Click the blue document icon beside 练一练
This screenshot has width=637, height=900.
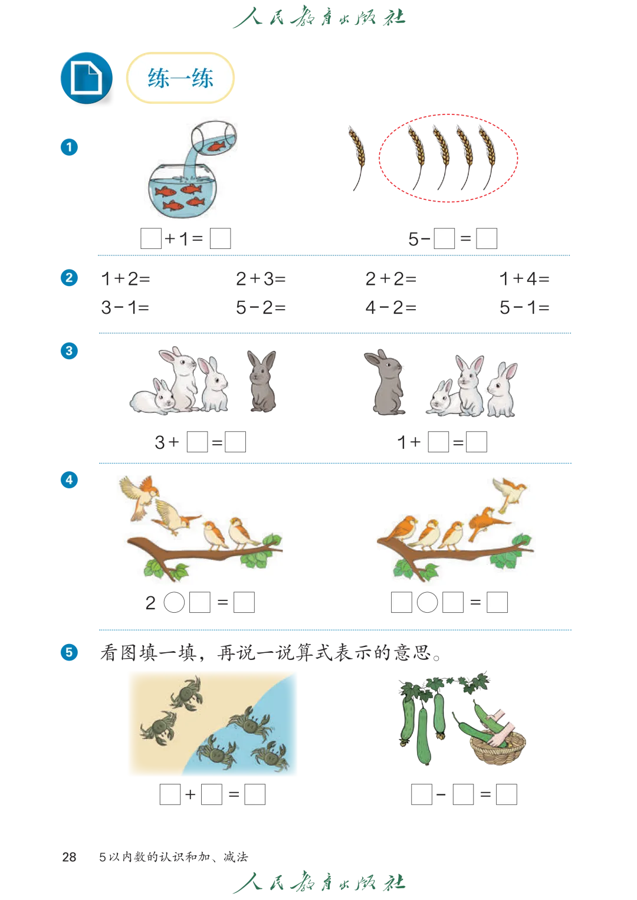point(86,78)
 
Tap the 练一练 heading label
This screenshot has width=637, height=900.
point(180,78)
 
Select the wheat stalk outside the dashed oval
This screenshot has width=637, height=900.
point(357,158)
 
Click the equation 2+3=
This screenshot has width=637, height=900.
point(261,279)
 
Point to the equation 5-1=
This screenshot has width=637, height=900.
point(524,308)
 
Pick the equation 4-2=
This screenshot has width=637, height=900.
point(390,308)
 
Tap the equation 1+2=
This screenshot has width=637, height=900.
point(126,279)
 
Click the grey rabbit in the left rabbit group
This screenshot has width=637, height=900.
point(262,381)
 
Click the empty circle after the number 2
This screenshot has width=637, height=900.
point(174,602)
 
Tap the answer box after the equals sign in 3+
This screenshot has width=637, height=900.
point(235,442)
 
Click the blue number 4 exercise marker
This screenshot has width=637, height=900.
point(69,479)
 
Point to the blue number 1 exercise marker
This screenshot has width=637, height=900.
point(69,147)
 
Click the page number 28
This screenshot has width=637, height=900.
point(69,858)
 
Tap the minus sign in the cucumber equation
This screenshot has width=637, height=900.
point(441,795)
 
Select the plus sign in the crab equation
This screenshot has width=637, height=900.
point(190,794)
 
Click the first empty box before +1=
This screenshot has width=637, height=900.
point(151,239)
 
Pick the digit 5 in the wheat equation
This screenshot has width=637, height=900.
point(413,239)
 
